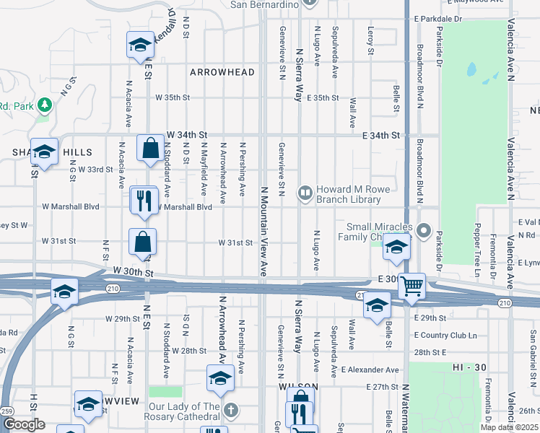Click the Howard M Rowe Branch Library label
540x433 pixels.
[x=354, y=194]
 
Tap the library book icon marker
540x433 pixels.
[x=306, y=193]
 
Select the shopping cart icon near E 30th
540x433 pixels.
[x=411, y=285]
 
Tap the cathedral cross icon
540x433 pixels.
[x=231, y=411]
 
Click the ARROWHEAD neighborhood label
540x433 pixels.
[x=222, y=72]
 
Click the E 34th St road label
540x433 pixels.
[x=380, y=135]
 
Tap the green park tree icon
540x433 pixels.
[x=45, y=105]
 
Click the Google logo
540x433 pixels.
[x=25, y=424]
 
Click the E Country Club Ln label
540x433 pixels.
[x=446, y=335]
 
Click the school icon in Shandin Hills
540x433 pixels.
[x=44, y=152]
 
